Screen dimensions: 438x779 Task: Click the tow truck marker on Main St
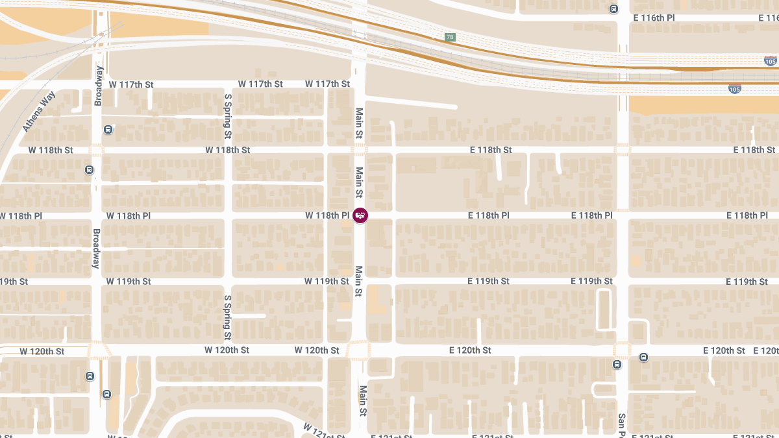pyautogui.click(x=360, y=215)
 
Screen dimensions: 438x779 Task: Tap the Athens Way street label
pyautogui.click(x=40, y=112)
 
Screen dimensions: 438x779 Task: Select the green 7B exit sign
pyautogui.click(x=450, y=37)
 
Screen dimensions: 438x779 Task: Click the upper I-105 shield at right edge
pyautogui.click(x=770, y=62)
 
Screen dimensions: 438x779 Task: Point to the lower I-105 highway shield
pyautogui.click(x=734, y=89)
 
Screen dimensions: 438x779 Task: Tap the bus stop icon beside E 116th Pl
pyautogui.click(x=613, y=9)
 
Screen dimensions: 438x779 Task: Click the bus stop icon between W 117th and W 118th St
pyautogui.click(x=108, y=129)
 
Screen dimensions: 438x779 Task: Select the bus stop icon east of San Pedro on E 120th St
pyautogui.click(x=643, y=357)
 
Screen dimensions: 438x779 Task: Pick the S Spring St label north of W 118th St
pyautogui.click(x=228, y=116)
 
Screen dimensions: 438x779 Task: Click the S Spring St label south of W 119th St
pyautogui.click(x=228, y=318)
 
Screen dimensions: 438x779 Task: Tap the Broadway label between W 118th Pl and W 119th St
pyautogui.click(x=96, y=249)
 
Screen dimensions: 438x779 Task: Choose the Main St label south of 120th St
pyautogui.click(x=363, y=401)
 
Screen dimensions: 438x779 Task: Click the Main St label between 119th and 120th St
pyautogui.click(x=358, y=282)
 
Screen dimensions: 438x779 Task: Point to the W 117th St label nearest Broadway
pyautogui.click(x=131, y=84)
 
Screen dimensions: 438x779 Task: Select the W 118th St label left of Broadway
pyautogui.click(x=51, y=150)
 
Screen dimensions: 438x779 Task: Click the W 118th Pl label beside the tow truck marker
pyautogui.click(x=327, y=215)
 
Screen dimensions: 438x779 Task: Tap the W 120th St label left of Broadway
pyautogui.click(x=42, y=352)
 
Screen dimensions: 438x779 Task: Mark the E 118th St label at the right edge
pyautogui.click(x=754, y=150)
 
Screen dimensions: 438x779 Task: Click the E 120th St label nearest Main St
pyautogui.click(x=470, y=350)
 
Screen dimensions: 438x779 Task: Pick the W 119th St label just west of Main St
pyautogui.click(x=327, y=282)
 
